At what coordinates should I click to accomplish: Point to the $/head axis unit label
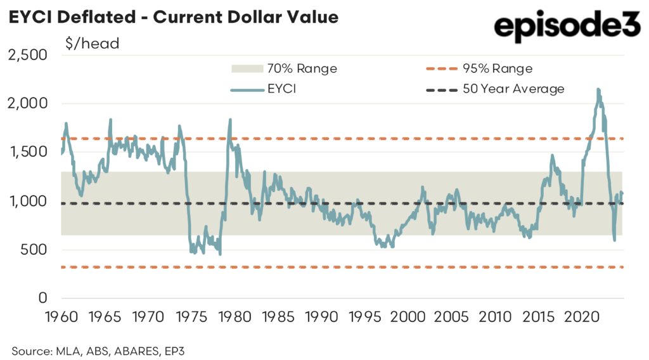point(92,44)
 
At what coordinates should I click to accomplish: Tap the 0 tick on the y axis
point(42,298)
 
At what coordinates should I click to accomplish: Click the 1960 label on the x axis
point(61,315)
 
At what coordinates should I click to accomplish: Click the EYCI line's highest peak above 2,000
point(598,90)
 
